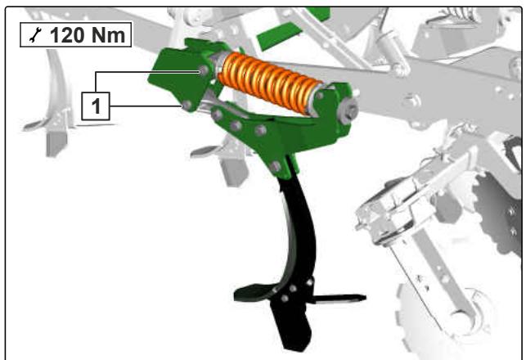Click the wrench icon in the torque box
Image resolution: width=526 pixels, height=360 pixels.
click(35, 35)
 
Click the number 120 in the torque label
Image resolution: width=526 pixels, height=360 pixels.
click(66, 35)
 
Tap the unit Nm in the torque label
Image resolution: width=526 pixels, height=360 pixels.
click(108, 35)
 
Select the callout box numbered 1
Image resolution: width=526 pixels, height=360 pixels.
click(96, 106)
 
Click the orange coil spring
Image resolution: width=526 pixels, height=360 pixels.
click(269, 83)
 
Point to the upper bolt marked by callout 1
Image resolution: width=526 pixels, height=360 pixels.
click(203, 70)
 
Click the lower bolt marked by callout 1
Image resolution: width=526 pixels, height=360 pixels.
click(187, 106)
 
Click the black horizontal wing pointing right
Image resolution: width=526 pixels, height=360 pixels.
click(339, 298)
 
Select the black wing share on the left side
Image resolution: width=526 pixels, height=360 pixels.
click(254, 293)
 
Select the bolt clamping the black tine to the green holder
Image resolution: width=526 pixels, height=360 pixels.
click(276, 166)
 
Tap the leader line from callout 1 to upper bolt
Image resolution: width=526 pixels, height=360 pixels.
click(147, 72)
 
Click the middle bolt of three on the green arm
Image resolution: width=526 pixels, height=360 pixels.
click(236, 126)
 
